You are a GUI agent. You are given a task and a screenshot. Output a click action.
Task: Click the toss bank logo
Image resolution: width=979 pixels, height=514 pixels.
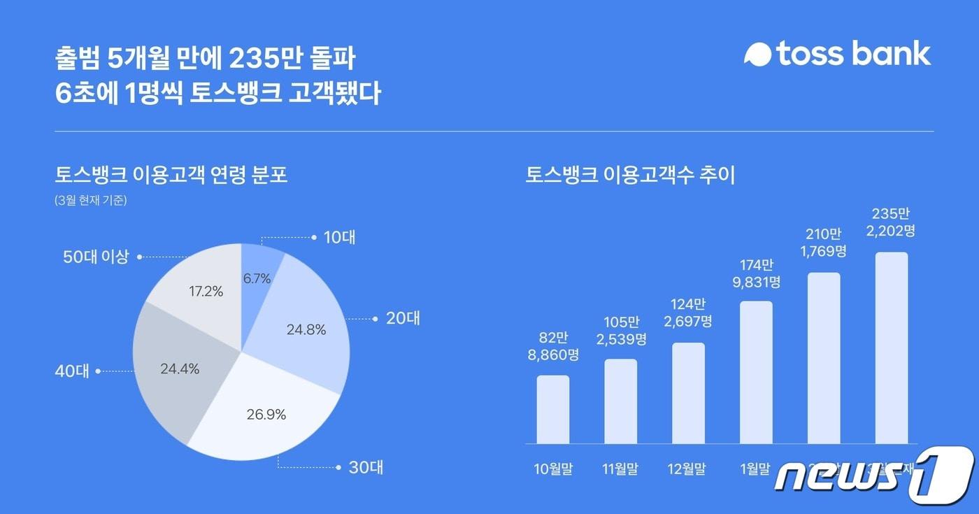coord(837,54)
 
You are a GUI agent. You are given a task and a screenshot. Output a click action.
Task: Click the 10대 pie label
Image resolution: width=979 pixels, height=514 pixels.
coord(339,238)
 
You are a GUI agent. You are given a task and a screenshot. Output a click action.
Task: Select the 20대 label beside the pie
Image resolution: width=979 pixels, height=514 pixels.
coord(403,319)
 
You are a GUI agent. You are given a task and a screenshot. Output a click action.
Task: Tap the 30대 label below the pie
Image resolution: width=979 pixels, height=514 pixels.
coord(365,467)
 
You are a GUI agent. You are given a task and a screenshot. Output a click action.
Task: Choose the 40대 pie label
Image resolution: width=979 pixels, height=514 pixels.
coord(73,371)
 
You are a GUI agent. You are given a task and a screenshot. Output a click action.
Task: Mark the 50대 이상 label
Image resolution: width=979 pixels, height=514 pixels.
coord(96,257)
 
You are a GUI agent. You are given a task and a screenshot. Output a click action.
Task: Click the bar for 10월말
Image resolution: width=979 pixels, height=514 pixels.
coord(553,410)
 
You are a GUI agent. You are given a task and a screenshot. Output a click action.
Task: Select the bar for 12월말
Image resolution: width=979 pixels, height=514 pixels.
coord(688,393)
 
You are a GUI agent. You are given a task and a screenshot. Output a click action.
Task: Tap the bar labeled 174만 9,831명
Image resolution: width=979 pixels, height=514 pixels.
coord(756,372)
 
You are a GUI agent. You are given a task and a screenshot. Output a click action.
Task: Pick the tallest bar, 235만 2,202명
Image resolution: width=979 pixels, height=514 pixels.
coord(892,348)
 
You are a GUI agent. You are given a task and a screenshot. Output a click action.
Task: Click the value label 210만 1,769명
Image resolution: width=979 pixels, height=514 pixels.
coord(824,241)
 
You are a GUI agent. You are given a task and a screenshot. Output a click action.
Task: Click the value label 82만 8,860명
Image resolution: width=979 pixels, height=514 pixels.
coord(553,345)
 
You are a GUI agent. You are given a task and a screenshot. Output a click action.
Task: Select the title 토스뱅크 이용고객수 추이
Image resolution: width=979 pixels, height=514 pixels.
coord(630,175)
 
